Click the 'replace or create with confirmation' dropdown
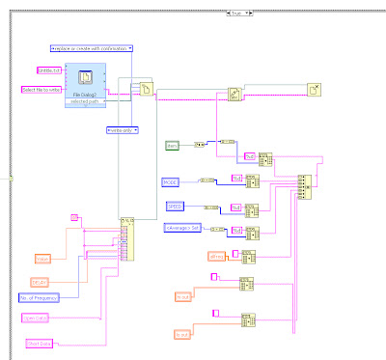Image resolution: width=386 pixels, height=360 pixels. (x=91, y=47)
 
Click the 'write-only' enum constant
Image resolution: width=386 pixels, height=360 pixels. (x=123, y=129)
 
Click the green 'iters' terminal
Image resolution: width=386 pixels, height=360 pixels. (x=174, y=146)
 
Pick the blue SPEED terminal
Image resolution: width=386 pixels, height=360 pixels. (x=174, y=206)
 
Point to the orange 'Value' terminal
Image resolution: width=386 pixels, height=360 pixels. (x=41, y=259)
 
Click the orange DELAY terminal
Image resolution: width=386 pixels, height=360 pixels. (x=40, y=281)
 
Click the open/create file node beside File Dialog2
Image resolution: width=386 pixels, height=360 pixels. (x=148, y=89)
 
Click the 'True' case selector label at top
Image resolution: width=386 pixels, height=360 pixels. (x=235, y=12)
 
